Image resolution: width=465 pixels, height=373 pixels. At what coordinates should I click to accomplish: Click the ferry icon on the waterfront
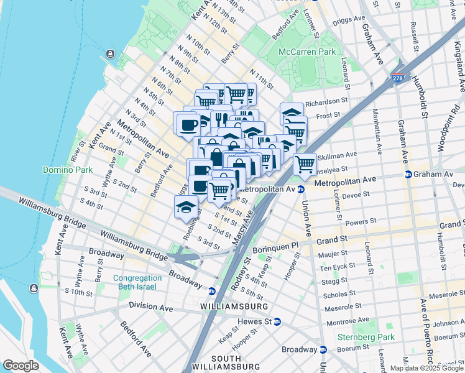tap(111, 54)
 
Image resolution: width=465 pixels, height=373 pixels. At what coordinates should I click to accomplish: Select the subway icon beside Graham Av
tap(408, 175)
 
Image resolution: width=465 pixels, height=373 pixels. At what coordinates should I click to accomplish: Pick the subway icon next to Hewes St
tap(277, 322)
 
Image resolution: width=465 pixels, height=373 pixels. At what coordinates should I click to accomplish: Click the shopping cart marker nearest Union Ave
tap(305, 165)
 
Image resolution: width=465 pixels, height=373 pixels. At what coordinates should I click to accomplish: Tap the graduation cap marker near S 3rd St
tap(185, 207)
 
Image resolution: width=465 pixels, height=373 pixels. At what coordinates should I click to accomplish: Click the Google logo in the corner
tap(21, 366)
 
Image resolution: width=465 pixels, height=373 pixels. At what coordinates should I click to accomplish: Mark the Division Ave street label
tap(152, 305)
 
